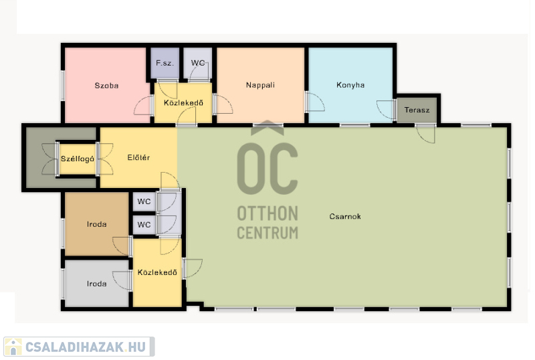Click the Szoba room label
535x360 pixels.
[x=106, y=86]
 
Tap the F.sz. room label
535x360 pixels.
[x=165, y=63]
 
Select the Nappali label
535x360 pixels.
[x=260, y=85]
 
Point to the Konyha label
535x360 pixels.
[x=350, y=85]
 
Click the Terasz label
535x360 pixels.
[x=417, y=110]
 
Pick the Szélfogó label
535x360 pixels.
[x=78, y=159]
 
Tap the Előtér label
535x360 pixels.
[x=138, y=157]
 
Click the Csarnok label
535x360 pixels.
[x=345, y=216]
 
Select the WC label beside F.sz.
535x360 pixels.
[x=198, y=63]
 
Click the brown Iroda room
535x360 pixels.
[x=96, y=224]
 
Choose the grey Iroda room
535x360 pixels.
[x=96, y=284]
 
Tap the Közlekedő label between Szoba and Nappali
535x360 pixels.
[x=183, y=103]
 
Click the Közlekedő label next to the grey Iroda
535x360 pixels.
[x=157, y=272]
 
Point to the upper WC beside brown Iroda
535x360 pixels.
[x=144, y=201]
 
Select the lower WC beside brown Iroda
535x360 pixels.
[x=144, y=225]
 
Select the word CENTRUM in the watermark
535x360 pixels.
[x=267, y=233]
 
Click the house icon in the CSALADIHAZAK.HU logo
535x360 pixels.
[x=13, y=347]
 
